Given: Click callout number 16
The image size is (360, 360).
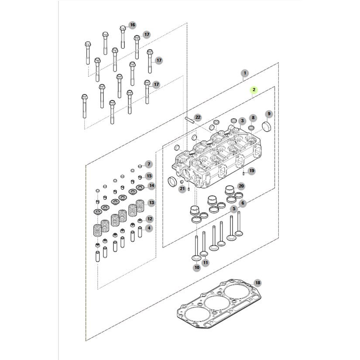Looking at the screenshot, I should [132, 25].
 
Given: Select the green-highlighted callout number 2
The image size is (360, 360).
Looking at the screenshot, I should [254, 90].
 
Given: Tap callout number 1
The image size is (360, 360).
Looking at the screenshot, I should [245, 73].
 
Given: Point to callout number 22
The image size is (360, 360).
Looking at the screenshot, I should [198, 117].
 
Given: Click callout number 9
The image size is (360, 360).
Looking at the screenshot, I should [269, 114].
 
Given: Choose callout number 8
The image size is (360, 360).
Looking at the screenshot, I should [252, 118].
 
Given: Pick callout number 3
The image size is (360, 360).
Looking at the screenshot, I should [242, 120].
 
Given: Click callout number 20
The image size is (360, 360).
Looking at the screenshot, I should [241, 186].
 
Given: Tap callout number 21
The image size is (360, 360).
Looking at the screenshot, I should [182, 188].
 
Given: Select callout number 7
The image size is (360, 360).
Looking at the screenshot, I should [149, 164].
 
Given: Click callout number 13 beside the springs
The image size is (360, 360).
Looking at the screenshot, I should [151, 202].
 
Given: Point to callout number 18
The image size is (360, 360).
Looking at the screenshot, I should [257, 283].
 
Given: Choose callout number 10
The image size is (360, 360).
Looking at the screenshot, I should [196, 267].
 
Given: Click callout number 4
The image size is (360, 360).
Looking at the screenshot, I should [149, 228].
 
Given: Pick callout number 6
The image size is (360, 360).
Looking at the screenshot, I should [243, 203].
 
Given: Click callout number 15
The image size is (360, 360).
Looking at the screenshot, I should [149, 176].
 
